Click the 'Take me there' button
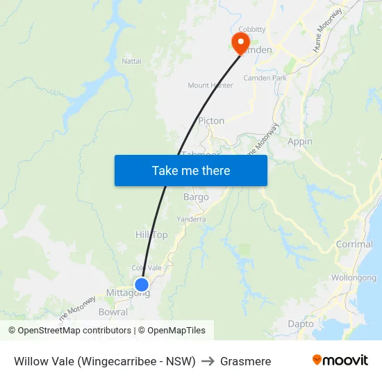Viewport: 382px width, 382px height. click(191, 170)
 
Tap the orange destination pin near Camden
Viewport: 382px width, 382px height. click(241, 42)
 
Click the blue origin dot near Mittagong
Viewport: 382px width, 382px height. click(141, 284)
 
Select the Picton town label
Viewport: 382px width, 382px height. click(211, 120)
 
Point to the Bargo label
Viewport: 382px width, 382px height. click(196, 197)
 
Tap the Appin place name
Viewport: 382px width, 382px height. click(300, 141)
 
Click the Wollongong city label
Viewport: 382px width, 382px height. click(354, 278)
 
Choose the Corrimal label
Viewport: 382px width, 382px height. click(354, 244)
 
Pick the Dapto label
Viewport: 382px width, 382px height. click(301, 324)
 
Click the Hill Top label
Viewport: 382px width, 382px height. click(151, 235)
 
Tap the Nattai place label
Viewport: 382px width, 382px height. click(131, 61)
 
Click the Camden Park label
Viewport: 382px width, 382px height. click(265, 78)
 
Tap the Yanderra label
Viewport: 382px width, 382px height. click(191, 219)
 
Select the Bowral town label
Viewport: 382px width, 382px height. click(113, 312)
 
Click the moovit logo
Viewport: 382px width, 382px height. click(340, 360)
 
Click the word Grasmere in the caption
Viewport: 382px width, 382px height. click(245, 361)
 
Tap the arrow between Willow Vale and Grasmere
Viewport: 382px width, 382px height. click(208, 361)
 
